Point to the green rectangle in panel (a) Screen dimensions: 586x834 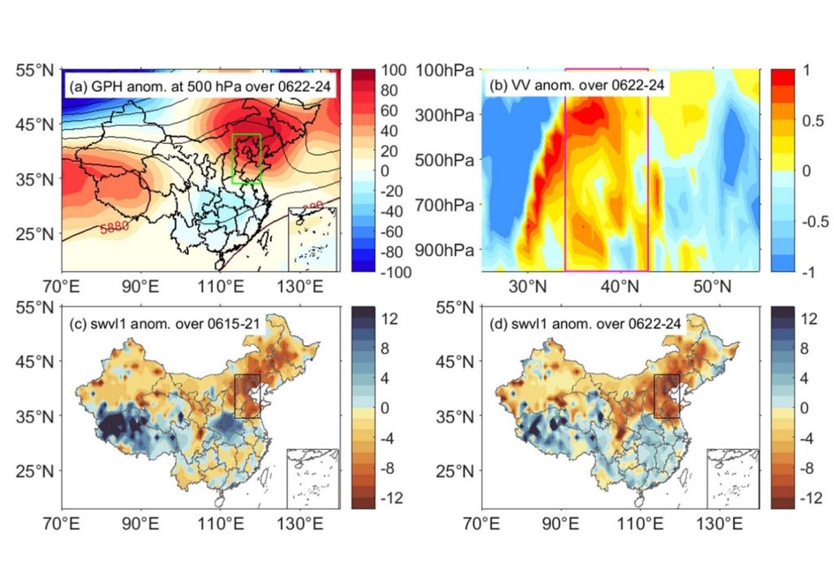[246, 159]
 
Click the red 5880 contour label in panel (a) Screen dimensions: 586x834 [116, 229]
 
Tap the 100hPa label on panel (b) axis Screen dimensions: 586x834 [446, 71]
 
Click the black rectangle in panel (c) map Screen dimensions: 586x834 [247, 396]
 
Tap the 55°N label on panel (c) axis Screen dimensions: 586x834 [37, 308]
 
